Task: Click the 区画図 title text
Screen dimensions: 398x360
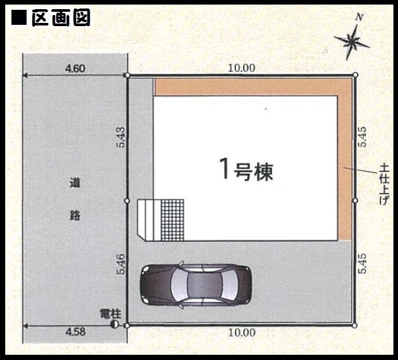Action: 61,17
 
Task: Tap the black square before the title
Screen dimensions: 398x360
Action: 19,17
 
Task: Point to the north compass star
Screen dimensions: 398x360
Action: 352,41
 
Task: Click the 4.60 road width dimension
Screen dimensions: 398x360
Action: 75,69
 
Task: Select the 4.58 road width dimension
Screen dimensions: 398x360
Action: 75,332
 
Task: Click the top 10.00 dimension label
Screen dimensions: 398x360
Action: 242,68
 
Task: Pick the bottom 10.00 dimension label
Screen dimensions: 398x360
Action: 242,333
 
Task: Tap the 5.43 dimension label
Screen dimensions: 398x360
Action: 121,137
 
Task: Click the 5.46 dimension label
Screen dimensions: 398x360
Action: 121,264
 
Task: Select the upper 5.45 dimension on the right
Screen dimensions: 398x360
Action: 362,137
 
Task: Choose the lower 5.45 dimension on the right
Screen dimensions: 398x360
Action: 362,263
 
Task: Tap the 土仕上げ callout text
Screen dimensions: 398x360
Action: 384,184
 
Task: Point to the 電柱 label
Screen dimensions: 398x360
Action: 110,314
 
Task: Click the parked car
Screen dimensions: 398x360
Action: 196,284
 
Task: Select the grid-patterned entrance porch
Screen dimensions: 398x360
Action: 173,220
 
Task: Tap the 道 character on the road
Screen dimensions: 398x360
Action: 75,183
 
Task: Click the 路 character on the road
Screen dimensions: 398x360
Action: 75,216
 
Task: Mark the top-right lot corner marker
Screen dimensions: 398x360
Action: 356,75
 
